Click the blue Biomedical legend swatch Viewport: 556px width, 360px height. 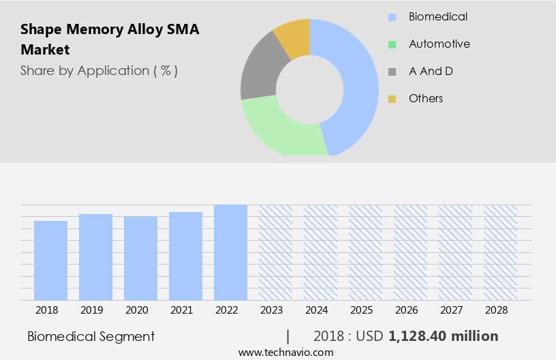click(392, 17)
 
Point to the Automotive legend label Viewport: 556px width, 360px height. click(439, 44)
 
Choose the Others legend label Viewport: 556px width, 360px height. click(426, 98)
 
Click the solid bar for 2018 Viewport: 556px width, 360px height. click(51, 260)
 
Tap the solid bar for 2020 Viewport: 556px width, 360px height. click(141, 258)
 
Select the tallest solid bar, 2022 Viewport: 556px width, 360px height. click(230, 252)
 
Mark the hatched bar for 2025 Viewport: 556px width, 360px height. click(365, 252)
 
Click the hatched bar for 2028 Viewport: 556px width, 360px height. click(500, 252)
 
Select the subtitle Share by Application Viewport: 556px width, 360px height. click(99, 70)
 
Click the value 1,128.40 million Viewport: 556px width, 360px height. click(443, 336)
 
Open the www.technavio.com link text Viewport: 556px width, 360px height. click(285, 352)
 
